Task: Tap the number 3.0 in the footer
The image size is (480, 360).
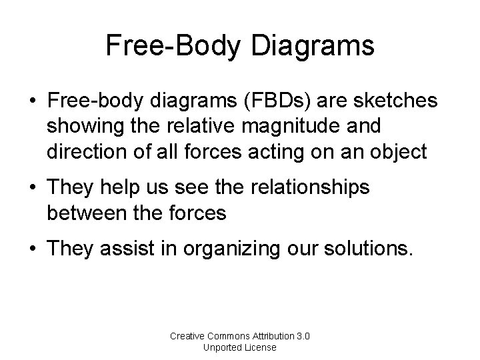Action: click(x=305, y=336)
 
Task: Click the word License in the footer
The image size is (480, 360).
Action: click(x=260, y=347)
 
